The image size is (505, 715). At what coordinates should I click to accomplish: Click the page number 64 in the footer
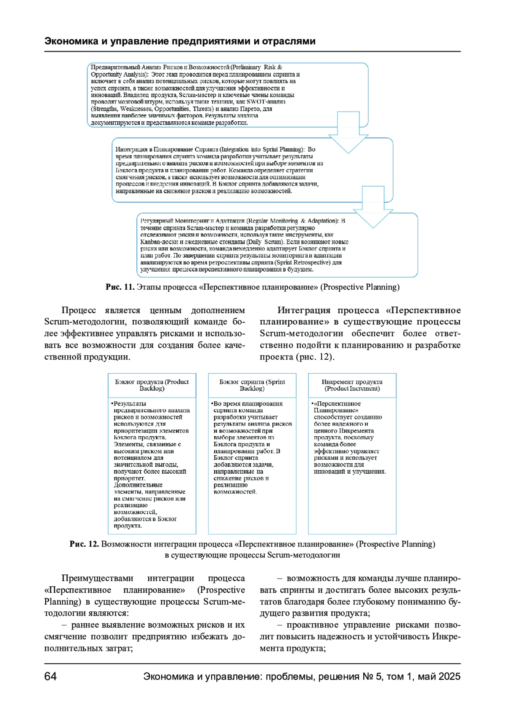50,676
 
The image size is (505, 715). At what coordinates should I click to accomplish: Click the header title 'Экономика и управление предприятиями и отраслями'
180,41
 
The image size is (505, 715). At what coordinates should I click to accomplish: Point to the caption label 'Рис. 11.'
120,287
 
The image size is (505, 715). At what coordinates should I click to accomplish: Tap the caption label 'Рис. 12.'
84,544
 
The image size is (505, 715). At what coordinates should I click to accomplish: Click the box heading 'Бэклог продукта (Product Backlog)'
152,385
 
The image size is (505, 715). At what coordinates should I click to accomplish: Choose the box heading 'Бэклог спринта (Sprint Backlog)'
252,385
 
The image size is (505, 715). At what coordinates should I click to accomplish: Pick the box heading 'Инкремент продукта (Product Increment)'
352,385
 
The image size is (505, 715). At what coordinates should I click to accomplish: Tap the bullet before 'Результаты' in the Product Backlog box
112,404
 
